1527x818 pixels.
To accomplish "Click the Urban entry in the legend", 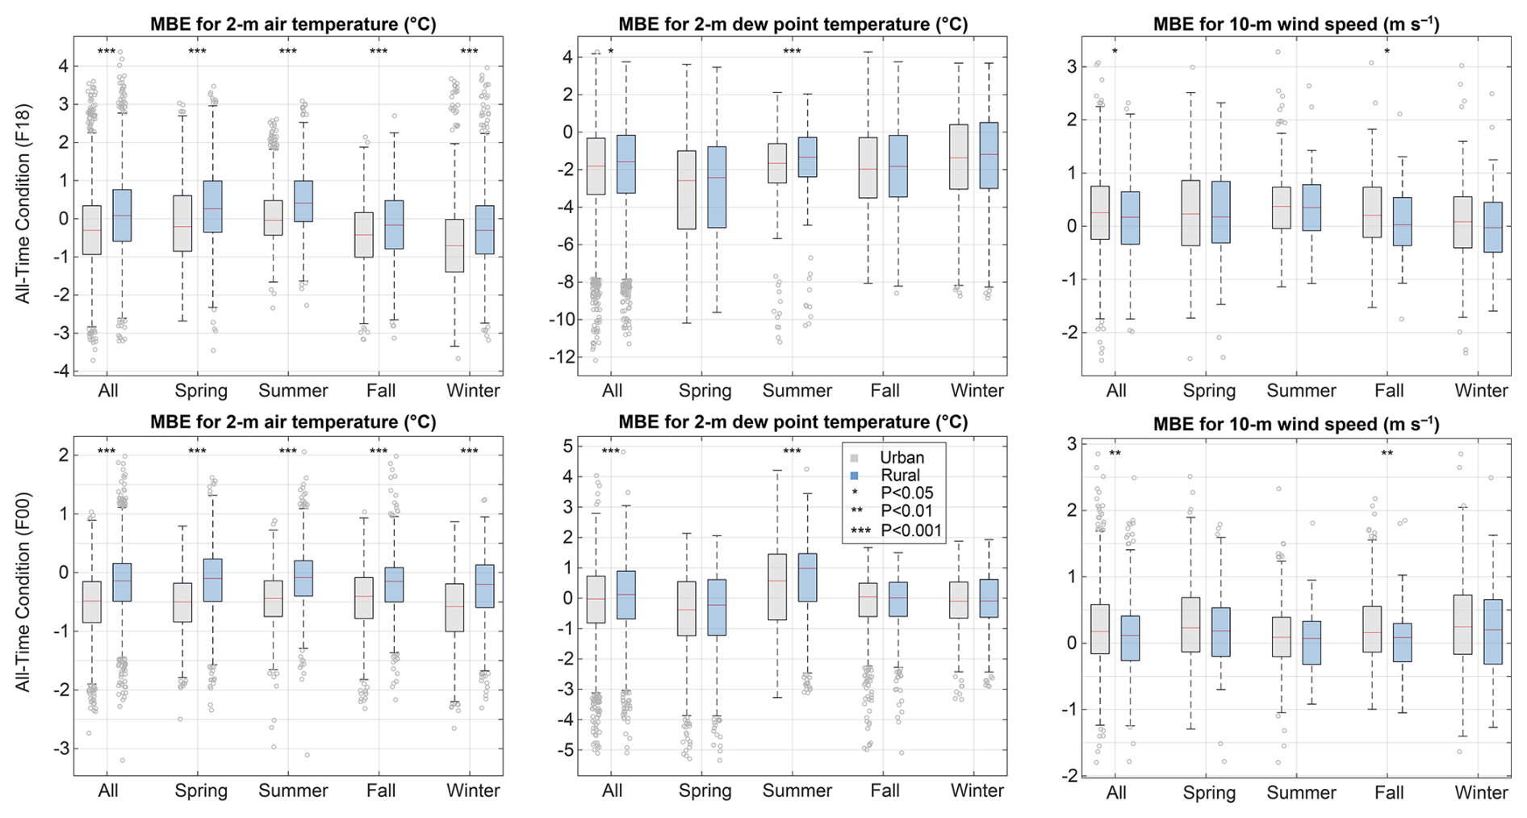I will tap(901, 458).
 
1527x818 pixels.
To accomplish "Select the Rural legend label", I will tap(900, 476).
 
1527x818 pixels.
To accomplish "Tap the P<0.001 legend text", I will tap(911, 531).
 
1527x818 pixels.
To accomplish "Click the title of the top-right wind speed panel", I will tap(1295, 24).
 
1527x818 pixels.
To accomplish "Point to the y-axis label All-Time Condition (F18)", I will tap(23, 203).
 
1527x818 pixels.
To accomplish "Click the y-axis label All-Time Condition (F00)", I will tap(23, 605).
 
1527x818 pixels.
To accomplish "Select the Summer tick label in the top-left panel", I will tap(293, 392).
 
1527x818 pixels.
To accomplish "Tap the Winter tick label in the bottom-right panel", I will tap(1481, 793).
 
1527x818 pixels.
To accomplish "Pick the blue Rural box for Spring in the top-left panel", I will tap(213, 206).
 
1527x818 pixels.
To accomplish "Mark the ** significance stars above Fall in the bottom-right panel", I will tap(1387, 454).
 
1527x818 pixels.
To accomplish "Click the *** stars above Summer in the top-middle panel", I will tap(792, 52).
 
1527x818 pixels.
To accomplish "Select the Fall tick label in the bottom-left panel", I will tap(381, 791).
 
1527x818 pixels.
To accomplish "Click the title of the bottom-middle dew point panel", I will tap(793, 422).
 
